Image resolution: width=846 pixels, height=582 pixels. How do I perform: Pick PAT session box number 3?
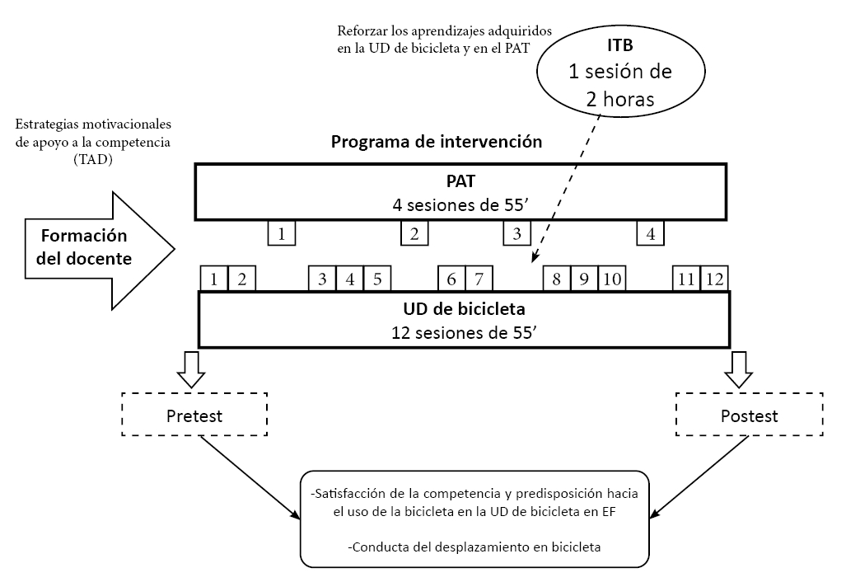516,233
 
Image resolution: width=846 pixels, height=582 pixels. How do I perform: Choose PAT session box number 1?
282,233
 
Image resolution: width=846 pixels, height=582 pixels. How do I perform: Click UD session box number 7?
479,279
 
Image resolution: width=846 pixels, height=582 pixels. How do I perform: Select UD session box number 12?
714,279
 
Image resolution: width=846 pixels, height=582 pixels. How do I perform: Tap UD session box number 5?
376,279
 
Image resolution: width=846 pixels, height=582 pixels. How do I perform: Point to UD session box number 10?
611,279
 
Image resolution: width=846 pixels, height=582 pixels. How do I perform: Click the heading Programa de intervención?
436,141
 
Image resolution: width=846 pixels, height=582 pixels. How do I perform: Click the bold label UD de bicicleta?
463,310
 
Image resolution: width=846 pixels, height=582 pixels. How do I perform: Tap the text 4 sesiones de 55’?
460,203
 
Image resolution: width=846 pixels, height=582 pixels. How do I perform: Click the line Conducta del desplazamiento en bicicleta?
475,546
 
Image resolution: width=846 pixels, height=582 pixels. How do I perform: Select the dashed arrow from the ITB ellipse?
567,190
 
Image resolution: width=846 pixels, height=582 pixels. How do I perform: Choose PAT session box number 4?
651,233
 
